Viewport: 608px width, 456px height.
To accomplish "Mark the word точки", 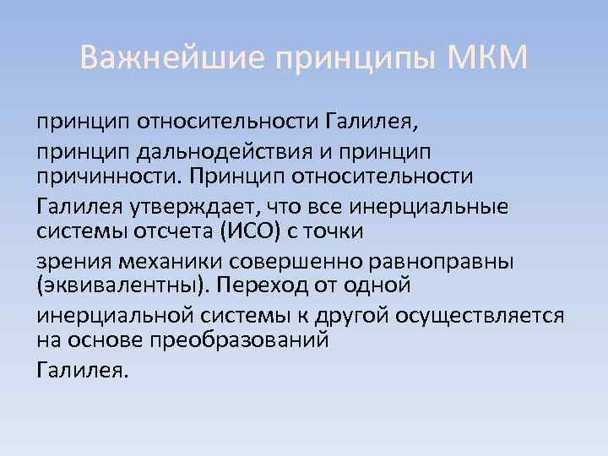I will point(330,231).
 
